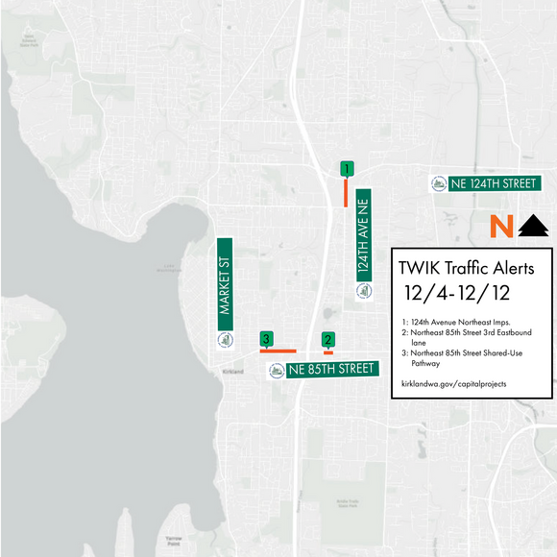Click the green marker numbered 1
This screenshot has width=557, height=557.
coord(346,169)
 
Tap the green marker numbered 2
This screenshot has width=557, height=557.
coord(327,339)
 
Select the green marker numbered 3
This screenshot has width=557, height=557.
coord(266,339)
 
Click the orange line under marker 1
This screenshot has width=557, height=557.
coord(346,192)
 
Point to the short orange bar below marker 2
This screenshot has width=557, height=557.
coord(328,351)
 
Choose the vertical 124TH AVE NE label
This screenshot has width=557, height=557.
coord(364,233)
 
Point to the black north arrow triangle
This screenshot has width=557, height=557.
coord(533,227)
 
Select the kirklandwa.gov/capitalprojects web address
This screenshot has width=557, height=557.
coord(453,384)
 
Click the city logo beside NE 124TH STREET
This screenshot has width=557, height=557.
coord(439,183)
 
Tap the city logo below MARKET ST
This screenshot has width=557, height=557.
coord(226,340)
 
